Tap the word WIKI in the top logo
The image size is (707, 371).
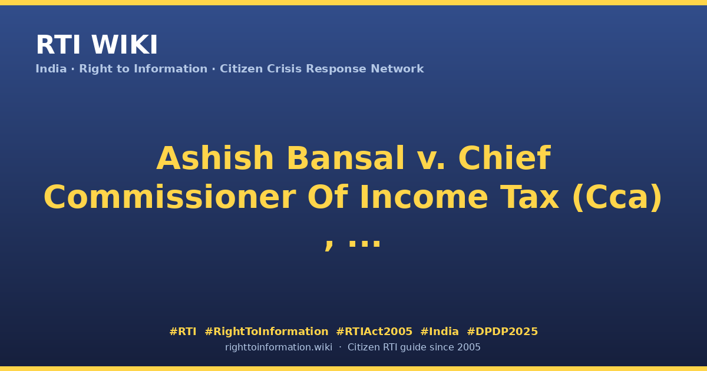pos(124,45)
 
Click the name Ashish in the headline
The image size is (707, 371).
pos(215,158)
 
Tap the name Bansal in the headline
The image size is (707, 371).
pos(345,158)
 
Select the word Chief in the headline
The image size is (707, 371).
pos(504,158)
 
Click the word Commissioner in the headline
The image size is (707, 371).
pos(170,197)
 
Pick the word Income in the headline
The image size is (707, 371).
pos(424,197)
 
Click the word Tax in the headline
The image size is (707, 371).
pos(530,197)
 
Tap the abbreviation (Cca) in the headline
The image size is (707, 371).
pos(617,198)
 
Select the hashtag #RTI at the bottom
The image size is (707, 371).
pos(183,332)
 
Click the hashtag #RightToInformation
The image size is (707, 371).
pos(266,332)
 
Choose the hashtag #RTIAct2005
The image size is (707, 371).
pos(374,332)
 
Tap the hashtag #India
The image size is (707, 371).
pos(440,332)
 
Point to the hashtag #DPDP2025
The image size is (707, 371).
pos(502,332)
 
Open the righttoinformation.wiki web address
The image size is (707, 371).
pos(278,347)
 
